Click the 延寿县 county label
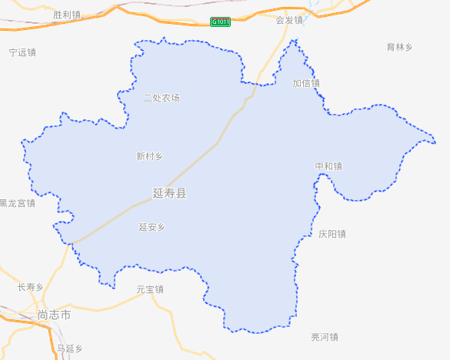(x=169, y=192)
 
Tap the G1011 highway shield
(x=220, y=22)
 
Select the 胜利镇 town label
(x=67, y=15)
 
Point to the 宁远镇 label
(x=22, y=52)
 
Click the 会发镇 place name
(x=289, y=20)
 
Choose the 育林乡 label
(x=399, y=47)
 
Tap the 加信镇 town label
(x=306, y=83)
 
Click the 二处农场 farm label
(x=162, y=98)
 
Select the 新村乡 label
(x=149, y=156)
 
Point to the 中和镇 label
(x=328, y=166)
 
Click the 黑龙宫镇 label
(x=17, y=203)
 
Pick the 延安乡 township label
(x=152, y=227)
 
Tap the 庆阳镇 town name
(x=332, y=234)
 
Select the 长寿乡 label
(x=31, y=287)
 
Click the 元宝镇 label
(x=150, y=289)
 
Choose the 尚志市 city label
(x=54, y=315)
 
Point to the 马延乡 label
(x=69, y=348)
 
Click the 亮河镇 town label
(x=325, y=337)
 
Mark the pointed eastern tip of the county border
(x=435, y=141)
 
